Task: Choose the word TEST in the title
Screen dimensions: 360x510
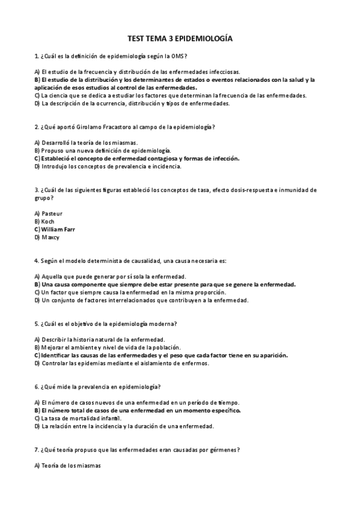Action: coord(136,38)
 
